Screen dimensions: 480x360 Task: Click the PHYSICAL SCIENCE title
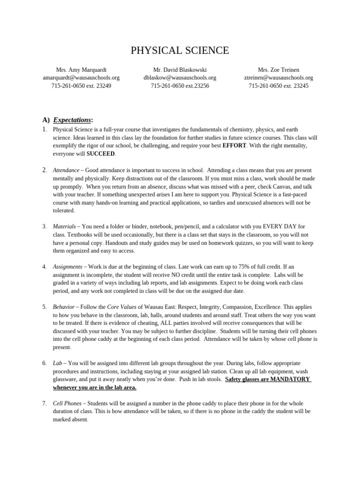tap(180, 51)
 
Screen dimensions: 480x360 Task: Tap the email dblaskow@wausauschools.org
tap(180, 78)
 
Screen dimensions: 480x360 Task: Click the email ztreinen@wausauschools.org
tap(278, 78)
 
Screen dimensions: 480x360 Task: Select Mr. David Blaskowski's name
tap(180, 70)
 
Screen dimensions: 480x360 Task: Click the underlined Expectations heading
tap(72, 120)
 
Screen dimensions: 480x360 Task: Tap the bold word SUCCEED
tap(101, 154)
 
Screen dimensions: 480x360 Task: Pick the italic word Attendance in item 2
tap(67, 170)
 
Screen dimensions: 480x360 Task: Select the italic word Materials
tap(64, 226)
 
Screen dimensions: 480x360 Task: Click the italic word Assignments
tap(67, 267)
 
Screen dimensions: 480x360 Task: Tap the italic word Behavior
tap(64, 307)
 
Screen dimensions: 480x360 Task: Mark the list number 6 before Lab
tap(44, 363)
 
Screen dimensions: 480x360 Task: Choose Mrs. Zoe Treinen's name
tap(278, 70)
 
